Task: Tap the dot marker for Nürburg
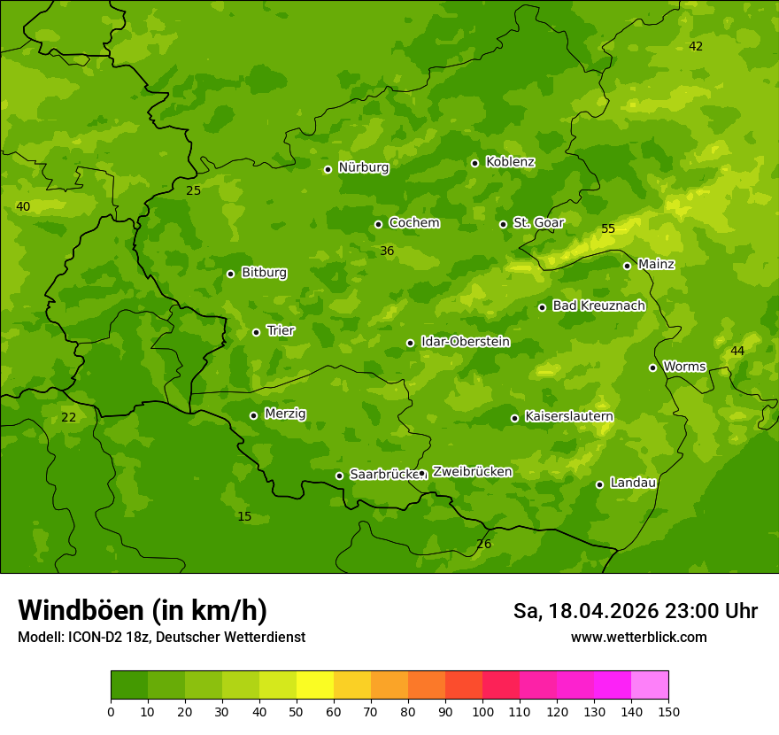tap(328, 169)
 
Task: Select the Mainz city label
tap(656, 264)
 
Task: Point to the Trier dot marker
tap(257, 332)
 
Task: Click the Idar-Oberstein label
tap(465, 342)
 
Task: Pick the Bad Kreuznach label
tap(598, 306)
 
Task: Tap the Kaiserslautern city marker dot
tap(514, 418)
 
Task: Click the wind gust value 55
tap(608, 229)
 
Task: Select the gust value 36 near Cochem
tap(387, 251)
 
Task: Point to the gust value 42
tap(696, 47)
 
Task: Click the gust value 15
tap(244, 517)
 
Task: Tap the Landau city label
tap(633, 483)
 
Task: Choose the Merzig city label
tap(285, 414)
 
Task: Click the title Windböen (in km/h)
tap(143, 610)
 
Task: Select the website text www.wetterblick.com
tap(638, 638)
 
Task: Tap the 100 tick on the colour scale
tap(482, 710)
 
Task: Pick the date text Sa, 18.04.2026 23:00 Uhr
tap(635, 611)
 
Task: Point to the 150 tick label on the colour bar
tap(668, 710)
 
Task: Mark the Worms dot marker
tap(652, 367)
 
